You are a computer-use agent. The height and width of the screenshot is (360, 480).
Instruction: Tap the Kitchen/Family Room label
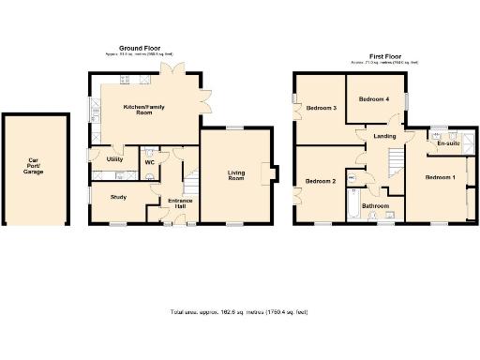pos(138,110)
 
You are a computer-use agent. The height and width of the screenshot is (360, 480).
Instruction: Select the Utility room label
pos(115,159)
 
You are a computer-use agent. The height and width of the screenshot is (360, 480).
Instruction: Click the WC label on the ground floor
pos(149,162)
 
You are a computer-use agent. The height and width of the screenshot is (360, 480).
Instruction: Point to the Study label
pos(118,197)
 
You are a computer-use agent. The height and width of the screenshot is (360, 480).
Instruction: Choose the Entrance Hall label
pos(180,203)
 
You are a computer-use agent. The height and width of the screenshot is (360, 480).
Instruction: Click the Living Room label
pos(236,174)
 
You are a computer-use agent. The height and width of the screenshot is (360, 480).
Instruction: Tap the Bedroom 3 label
pos(322,108)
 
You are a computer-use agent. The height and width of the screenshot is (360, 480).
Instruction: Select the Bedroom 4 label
pos(374,98)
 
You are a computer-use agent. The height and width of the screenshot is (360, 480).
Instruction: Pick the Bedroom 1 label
pos(440,177)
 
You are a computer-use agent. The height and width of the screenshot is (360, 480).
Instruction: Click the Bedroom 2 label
pos(321,181)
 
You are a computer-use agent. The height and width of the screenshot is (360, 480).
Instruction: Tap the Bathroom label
pos(376,205)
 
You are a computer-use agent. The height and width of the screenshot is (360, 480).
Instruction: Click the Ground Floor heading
pos(139,48)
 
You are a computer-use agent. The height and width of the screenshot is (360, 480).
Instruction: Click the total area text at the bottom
pos(239,311)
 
